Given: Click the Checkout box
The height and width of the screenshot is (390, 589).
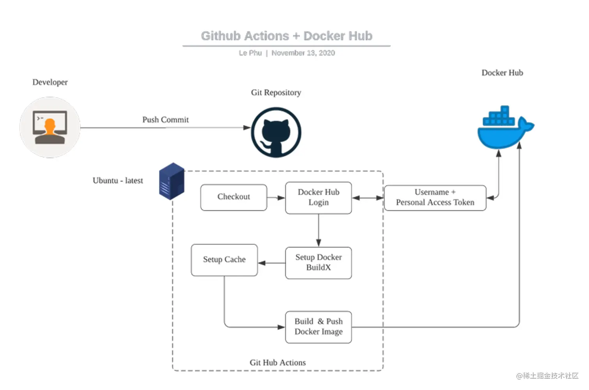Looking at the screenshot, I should [x=233, y=198].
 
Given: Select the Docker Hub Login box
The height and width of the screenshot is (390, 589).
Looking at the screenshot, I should [x=318, y=198].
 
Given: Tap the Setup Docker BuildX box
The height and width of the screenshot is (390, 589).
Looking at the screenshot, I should [x=318, y=263].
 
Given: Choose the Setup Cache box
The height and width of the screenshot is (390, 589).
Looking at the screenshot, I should [x=224, y=260].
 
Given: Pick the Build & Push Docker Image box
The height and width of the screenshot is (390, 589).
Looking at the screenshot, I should [x=318, y=327].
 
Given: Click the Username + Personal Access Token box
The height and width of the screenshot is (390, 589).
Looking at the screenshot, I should [x=435, y=198].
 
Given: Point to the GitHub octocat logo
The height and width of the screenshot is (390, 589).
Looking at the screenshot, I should [x=276, y=132].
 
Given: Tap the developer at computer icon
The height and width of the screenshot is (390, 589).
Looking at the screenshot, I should [x=50, y=127].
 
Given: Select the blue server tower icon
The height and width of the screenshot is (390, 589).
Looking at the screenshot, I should [x=171, y=181].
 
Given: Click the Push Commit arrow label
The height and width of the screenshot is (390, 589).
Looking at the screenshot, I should [x=165, y=120].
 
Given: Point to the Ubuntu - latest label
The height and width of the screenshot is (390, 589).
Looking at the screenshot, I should [x=118, y=180].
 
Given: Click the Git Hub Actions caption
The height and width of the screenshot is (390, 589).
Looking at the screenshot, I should [x=277, y=363].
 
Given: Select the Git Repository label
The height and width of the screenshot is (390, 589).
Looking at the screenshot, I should [x=276, y=93].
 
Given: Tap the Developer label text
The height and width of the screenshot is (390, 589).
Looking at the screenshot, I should [x=50, y=82].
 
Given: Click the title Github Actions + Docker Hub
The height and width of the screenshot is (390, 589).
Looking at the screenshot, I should [x=286, y=36].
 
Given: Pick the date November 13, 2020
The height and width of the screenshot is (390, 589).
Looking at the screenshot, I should [x=303, y=53].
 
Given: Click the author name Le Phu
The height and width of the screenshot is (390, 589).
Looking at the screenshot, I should [x=250, y=53].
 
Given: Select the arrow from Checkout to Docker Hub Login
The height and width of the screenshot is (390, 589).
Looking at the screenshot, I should [x=276, y=198].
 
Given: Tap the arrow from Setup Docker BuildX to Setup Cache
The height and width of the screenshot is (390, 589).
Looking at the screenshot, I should [x=271, y=263].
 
